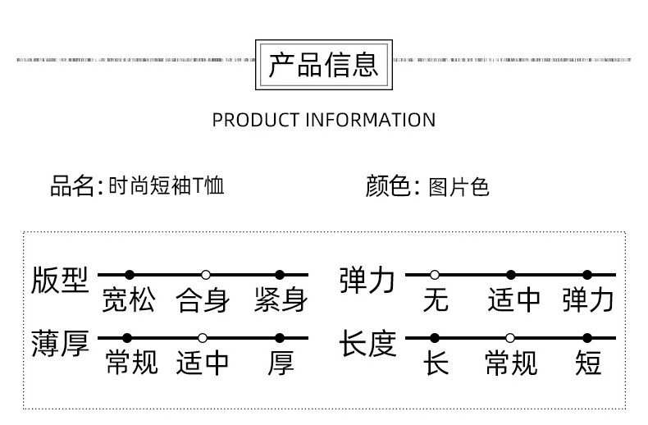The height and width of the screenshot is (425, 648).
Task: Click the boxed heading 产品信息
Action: [324, 63]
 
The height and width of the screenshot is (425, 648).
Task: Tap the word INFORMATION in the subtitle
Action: [370, 120]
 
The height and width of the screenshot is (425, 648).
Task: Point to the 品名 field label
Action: [72, 186]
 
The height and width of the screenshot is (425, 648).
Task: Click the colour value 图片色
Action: [459, 187]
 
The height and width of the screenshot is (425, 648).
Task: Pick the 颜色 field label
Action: [387, 186]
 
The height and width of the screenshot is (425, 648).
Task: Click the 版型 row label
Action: [59, 281]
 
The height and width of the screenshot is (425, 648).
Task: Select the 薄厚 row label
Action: [59, 344]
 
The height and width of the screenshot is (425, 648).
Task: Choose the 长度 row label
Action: [368, 344]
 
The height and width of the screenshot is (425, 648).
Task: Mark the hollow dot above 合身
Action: [206, 275]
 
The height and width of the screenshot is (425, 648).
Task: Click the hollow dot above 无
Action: [435, 275]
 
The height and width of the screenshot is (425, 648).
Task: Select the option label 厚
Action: [281, 363]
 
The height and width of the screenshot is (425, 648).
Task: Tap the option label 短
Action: [588, 363]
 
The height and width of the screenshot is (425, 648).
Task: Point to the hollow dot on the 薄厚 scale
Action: [203, 338]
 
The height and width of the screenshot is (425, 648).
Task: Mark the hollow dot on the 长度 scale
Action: [510, 338]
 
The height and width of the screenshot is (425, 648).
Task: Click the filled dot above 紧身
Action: [280, 275]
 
